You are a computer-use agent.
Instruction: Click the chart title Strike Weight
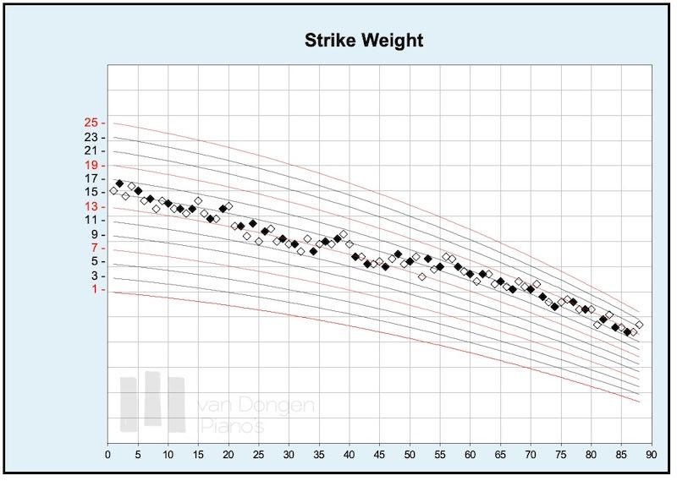point(363,40)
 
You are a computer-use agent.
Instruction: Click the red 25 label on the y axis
point(91,123)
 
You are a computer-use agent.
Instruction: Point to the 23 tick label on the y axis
point(91,137)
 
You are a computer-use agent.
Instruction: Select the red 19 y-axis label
point(91,165)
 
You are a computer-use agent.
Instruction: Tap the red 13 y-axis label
point(91,206)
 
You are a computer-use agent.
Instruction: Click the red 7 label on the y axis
point(94,248)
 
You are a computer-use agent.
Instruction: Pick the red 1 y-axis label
point(94,289)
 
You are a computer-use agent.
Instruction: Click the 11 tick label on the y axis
point(91,220)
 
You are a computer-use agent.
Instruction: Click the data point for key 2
point(119,183)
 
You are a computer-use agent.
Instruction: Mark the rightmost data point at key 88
point(640,325)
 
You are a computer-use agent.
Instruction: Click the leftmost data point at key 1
point(113,191)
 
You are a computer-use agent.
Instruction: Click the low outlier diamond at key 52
point(421,276)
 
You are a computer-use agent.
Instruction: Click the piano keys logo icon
point(152,402)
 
